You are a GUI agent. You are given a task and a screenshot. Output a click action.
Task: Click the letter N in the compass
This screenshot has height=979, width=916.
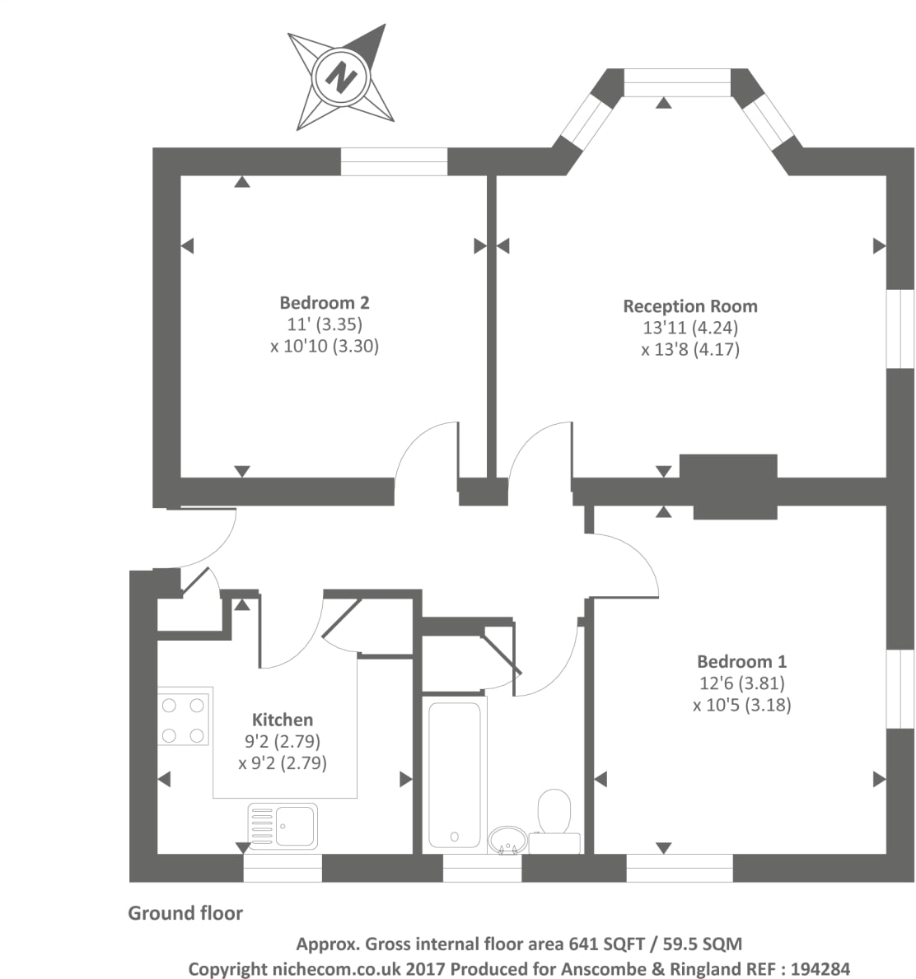point(341,78)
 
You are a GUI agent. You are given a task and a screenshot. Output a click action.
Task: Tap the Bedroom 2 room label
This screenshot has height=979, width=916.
point(324,302)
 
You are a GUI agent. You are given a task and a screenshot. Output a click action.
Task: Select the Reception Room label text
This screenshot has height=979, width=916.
point(689,306)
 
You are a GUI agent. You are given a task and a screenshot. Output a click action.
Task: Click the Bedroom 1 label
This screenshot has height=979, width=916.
point(741,661)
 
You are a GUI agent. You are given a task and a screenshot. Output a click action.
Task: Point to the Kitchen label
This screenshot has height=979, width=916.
point(282,720)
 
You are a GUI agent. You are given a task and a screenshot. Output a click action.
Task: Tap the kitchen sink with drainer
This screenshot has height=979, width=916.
point(283,826)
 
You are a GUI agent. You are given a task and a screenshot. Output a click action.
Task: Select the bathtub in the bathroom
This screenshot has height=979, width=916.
point(454,774)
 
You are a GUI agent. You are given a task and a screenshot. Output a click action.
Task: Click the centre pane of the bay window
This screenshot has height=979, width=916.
point(677,82)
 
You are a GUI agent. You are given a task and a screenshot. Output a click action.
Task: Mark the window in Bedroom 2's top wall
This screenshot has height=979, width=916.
point(394,161)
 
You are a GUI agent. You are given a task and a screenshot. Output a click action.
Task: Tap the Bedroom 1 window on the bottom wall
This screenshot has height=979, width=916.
point(680,868)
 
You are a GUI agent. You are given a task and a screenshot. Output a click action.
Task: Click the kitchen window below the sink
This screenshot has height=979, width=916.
point(282,868)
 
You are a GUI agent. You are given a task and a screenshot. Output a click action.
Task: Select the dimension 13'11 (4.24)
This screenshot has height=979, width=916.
point(690,328)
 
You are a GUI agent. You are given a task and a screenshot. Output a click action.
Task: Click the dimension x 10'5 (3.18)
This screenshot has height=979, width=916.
point(741,705)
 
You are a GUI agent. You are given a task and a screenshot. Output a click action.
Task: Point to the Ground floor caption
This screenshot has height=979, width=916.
point(185,913)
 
